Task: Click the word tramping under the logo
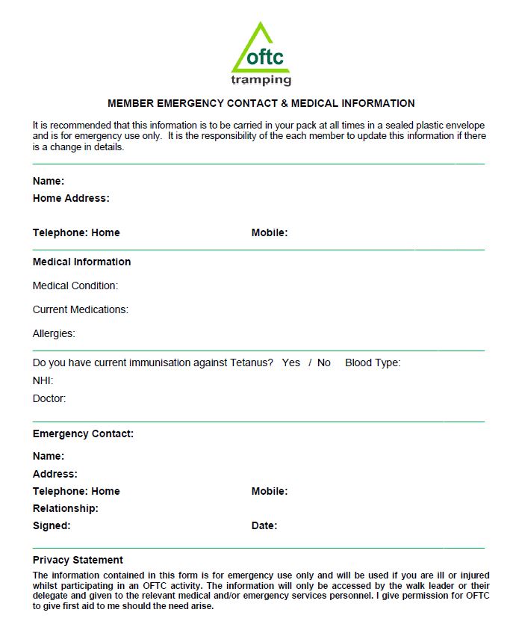(261, 79)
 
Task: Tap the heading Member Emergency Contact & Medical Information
(261, 103)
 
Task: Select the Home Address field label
(71, 198)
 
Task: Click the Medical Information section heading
(81, 262)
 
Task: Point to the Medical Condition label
(75, 285)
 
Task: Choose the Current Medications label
(81, 309)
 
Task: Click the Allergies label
(54, 333)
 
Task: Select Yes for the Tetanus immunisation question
(291, 362)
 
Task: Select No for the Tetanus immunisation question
(324, 362)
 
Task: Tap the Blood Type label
(373, 362)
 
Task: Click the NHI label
(43, 380)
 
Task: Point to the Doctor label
(49, 398)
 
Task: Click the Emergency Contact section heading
(83, 433)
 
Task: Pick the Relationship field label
(66, 508)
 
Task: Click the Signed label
(52, 525)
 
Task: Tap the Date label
(264, 525)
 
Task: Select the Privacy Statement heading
(78, 560)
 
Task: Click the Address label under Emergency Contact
(55, 474)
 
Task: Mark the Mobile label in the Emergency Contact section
(270, 491)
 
